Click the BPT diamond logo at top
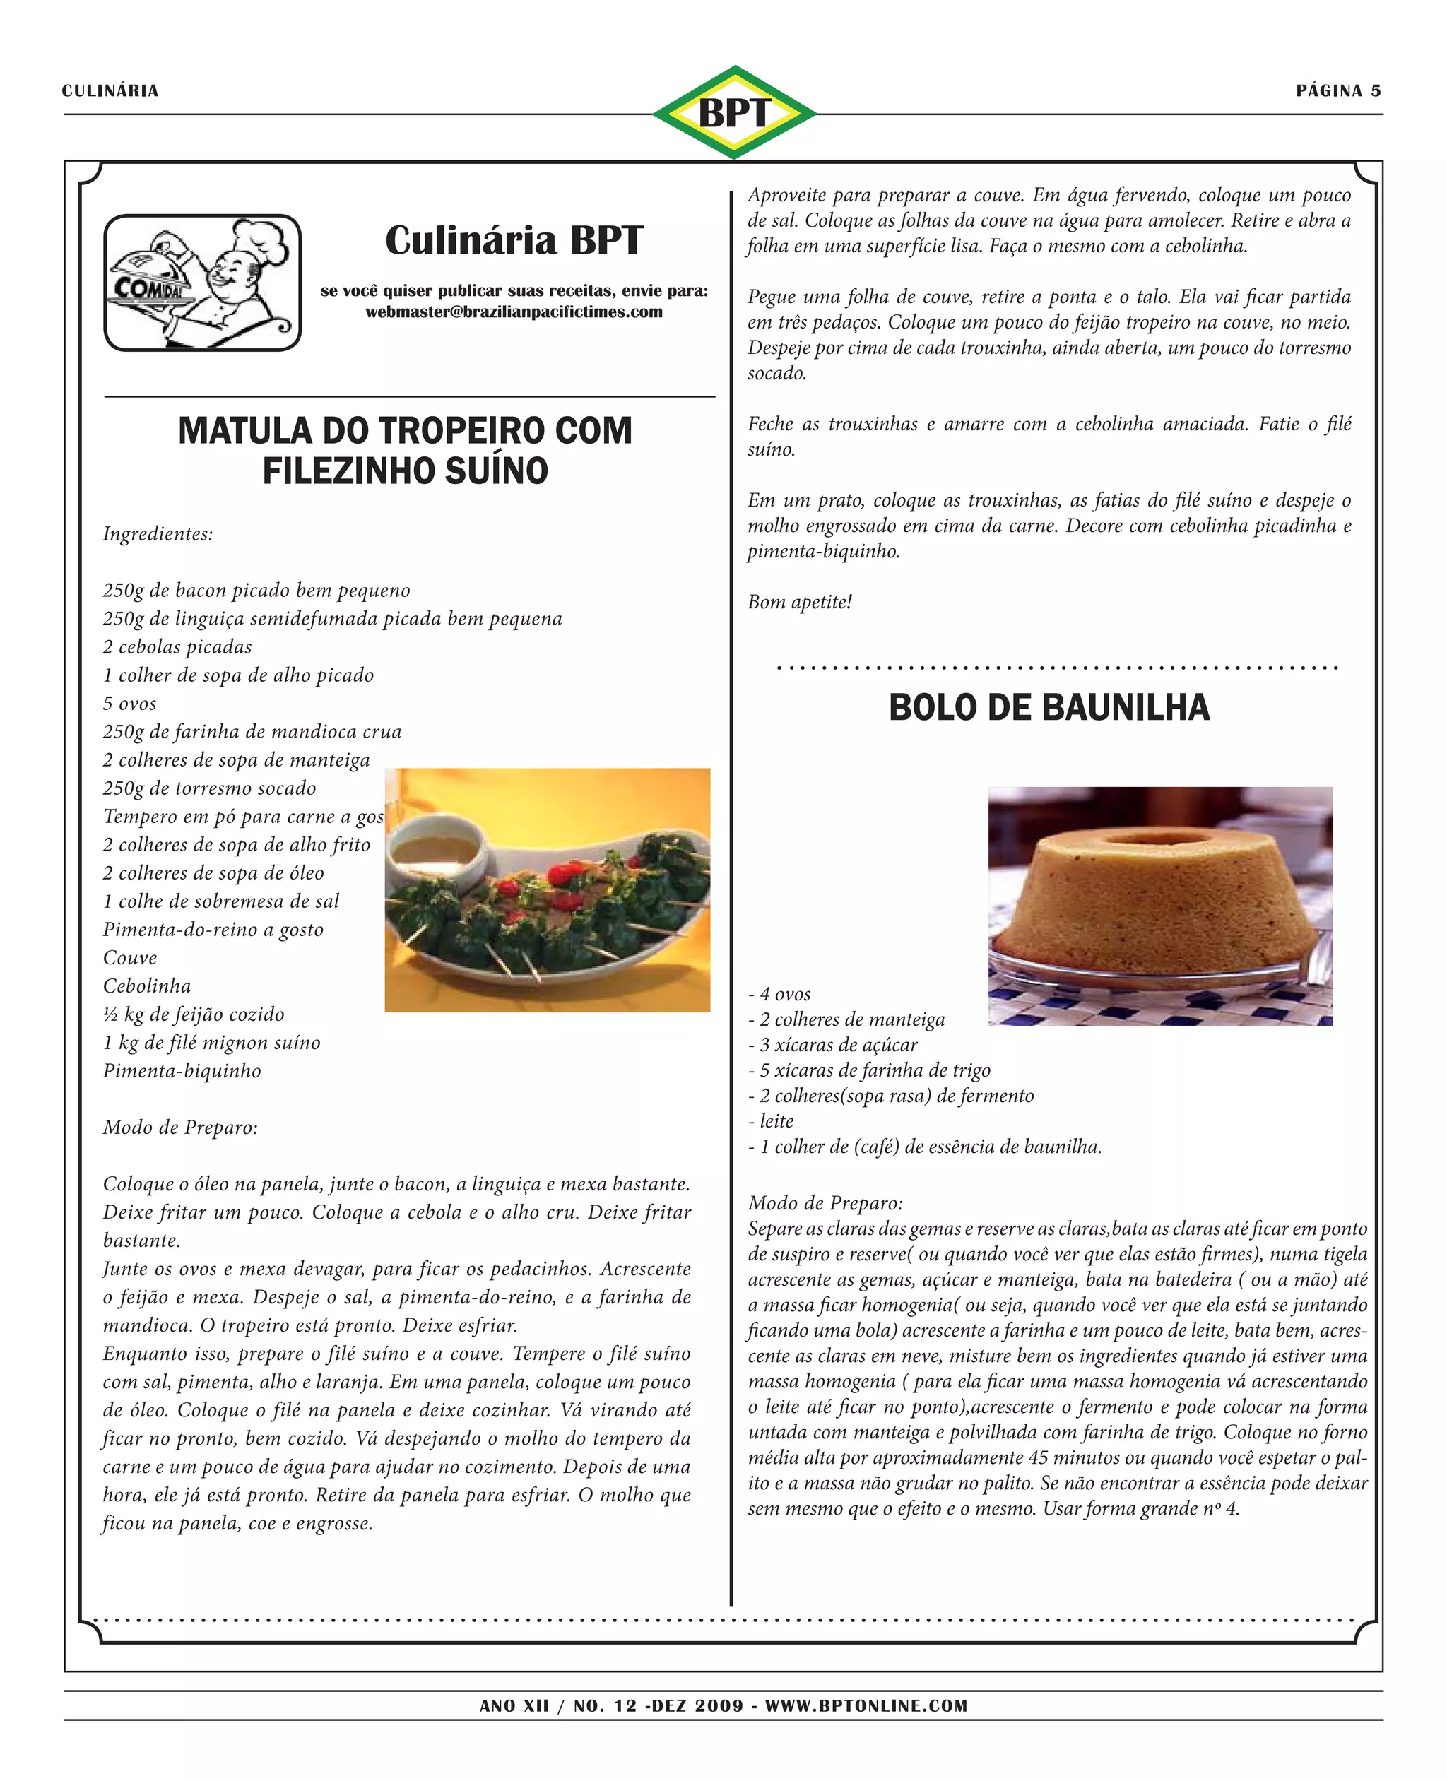[x=733, y=112]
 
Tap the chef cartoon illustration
[x=203, y=283]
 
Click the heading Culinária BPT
[x=514, y=240]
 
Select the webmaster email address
[x=514, y=312]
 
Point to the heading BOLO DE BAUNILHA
[x=1049, y=708]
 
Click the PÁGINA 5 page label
[x=1337, y=91]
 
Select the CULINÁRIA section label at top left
[x=110, y=91]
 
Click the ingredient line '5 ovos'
[x=130, y=704]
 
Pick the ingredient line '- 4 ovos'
[x=779, y=994]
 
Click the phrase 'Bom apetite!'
[x=799, y=602]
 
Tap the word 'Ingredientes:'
[x=158, y=534]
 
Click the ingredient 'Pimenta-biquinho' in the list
[x=182, y=1071]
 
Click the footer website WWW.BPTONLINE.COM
[x=866, y=1706]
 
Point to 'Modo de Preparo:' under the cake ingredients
[x=825, y=1202]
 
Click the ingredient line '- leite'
[x=771, y=1121]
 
